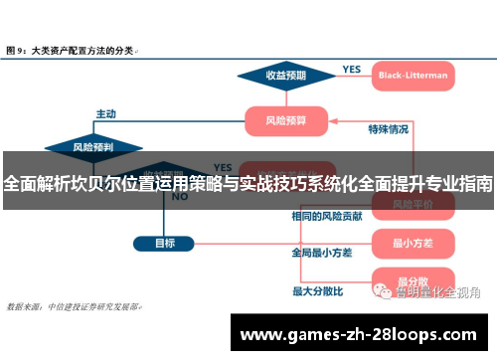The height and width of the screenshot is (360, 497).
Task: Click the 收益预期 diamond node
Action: [284, 75]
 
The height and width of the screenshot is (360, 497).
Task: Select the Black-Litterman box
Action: [413, 75]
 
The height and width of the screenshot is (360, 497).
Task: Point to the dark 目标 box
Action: [165, 242]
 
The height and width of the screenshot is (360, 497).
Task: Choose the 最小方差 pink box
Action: [410, 242]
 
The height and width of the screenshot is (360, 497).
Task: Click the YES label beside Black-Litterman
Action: [352, 69]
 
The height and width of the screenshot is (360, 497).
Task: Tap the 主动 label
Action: [105, 112]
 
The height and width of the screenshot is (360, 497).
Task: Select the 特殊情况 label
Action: [388, 129]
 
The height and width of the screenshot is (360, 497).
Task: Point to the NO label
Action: [179, 197]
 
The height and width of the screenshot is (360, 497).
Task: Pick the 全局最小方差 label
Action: [321, 253]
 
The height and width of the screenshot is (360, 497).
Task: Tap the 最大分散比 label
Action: [317, 291]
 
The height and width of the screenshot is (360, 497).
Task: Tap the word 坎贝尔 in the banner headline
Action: [101, 183]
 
